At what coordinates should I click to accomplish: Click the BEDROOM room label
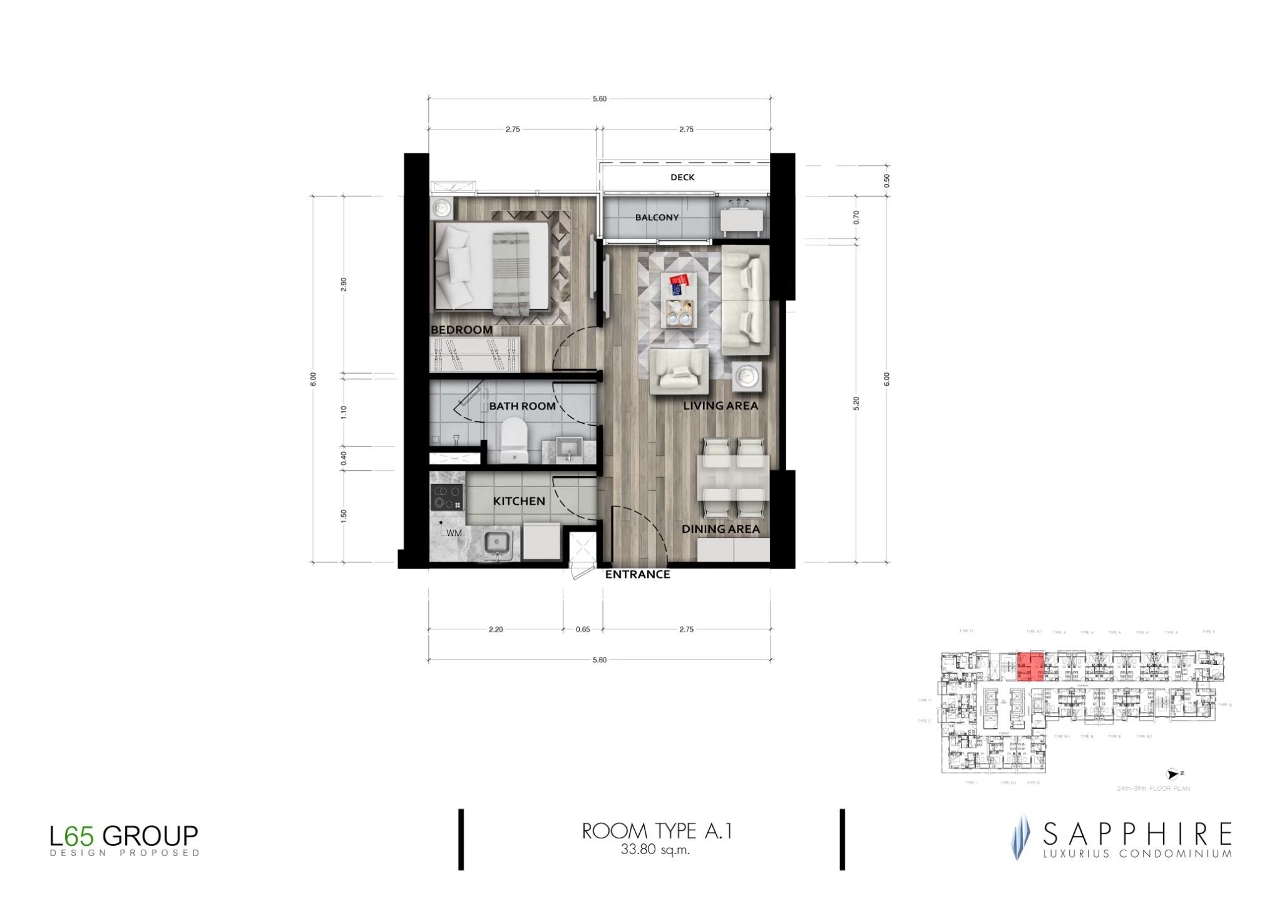coord(461,329)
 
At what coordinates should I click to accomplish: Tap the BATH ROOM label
coord(522,406)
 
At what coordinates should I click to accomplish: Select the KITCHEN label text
coord(519,501)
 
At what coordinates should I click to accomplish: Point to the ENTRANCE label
coord(637,574)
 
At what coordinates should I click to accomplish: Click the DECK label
coord(682,177)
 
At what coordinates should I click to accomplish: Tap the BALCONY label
coord(657,217)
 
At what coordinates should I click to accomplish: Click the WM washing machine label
coord(454,533)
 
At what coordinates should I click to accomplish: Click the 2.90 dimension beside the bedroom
coord(343,284)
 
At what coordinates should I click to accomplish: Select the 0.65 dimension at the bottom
coord(583,629)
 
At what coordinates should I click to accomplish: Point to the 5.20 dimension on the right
coord(856,403)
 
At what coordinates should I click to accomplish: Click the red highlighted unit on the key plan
coord(1030,666)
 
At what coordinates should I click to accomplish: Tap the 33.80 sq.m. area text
coord(655,850)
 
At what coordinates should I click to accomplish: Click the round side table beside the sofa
coord(747,376)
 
